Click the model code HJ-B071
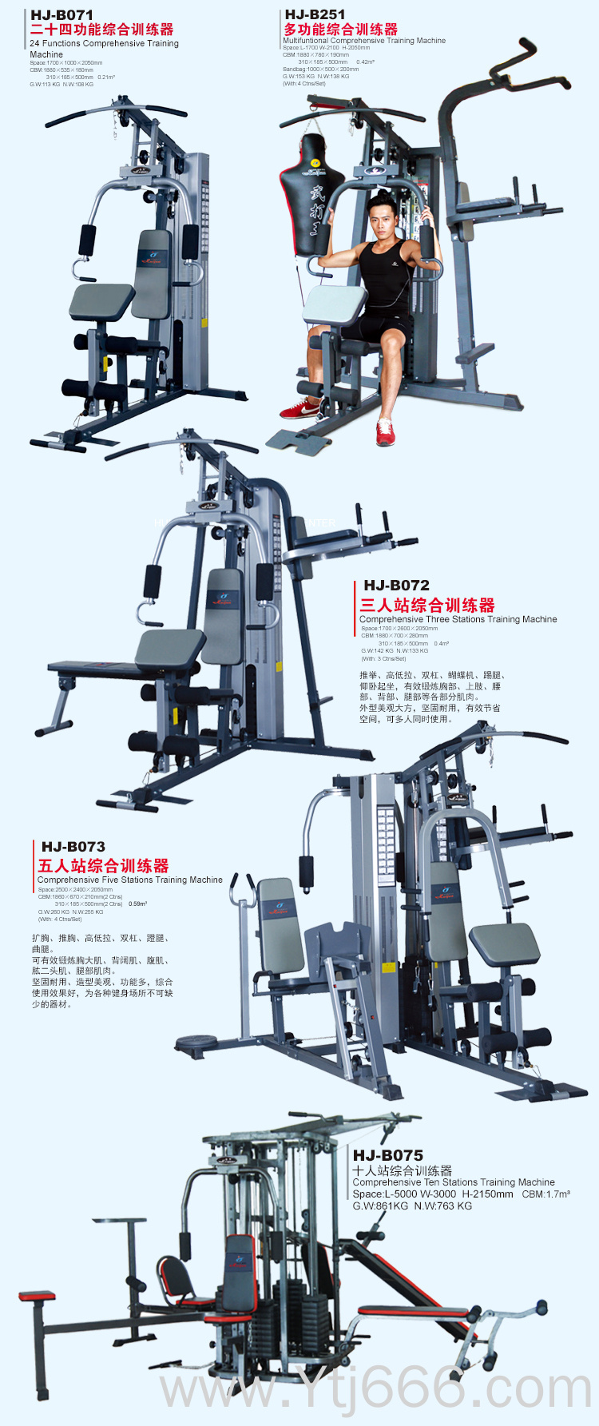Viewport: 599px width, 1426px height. click(x=61, y=15)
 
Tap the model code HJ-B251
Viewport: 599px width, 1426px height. click(x=315, y=14)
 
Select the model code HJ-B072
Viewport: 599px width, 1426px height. click(x=396, y=586)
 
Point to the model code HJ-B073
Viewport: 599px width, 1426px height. click(x=73, y=847)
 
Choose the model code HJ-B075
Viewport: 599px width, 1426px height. click(x=388, y=1155)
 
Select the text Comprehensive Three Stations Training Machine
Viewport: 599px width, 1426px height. click(x=458, y=619)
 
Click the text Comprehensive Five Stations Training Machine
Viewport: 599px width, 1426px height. click(x=129, y=880)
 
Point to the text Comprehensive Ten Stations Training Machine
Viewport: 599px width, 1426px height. click(x=453, y=1182)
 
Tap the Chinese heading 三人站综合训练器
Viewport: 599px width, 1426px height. click(x=427, y=605)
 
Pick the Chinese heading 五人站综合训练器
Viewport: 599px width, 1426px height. click(x=103, y=865)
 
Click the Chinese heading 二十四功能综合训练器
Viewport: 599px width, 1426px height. click(x=101, y=30)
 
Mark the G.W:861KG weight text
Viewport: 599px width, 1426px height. click(x=379, y=1206)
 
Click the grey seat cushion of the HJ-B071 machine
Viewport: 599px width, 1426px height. click(x=101, y=300)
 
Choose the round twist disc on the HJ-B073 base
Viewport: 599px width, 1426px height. click(x=196, y=1042)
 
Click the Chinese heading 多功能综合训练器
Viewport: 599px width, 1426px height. click(x=340, y=29)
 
